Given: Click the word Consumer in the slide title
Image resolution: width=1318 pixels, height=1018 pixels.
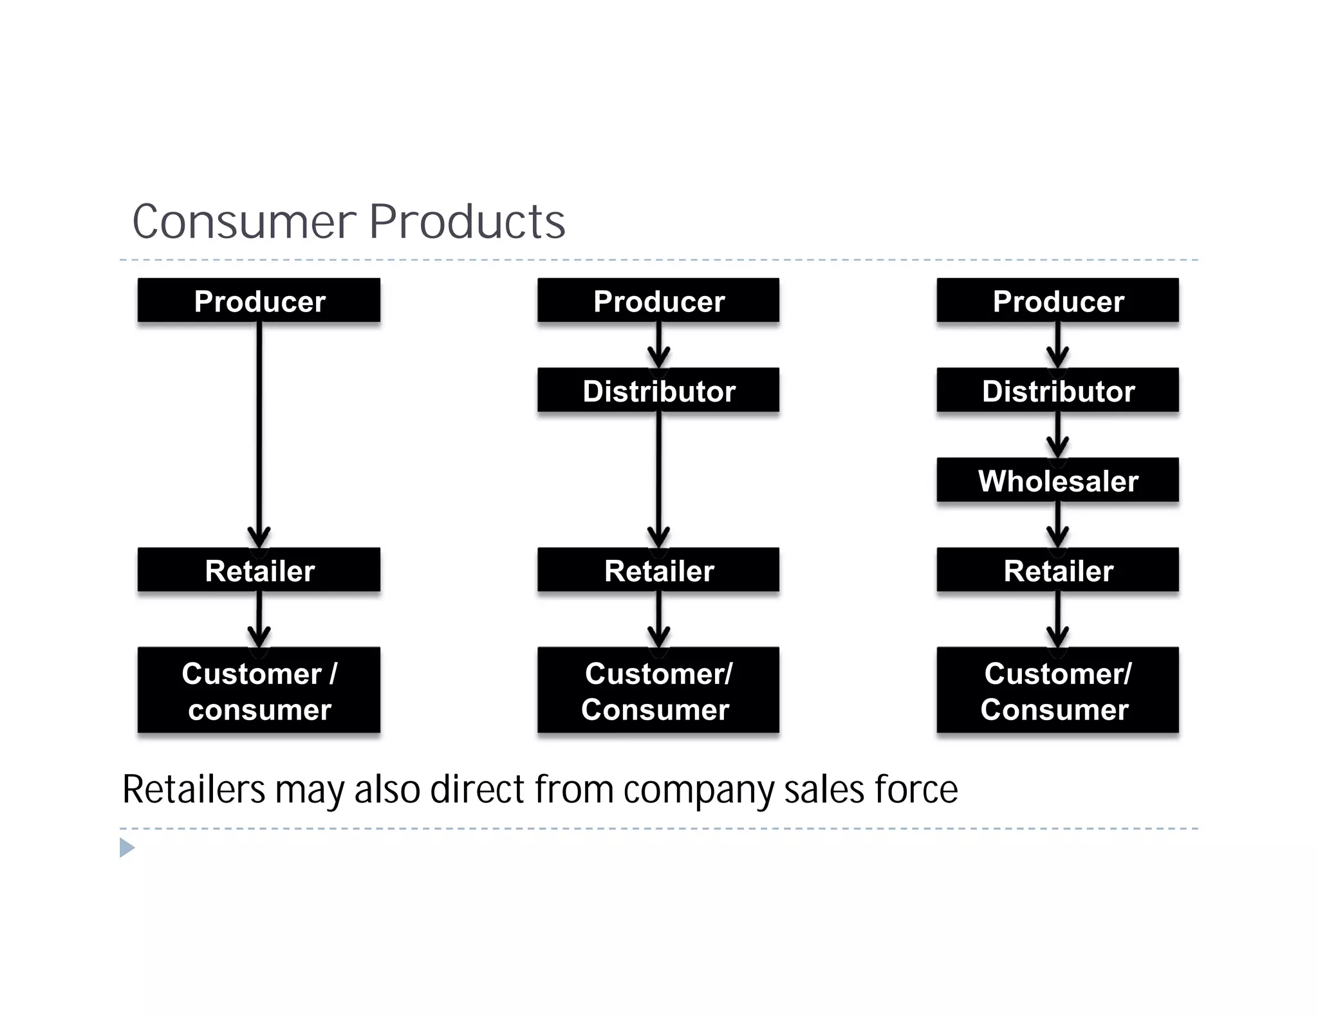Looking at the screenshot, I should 244,222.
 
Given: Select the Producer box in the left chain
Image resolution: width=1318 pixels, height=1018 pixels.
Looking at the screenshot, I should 259,301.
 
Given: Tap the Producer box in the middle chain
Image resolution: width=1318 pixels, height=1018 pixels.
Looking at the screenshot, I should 658,301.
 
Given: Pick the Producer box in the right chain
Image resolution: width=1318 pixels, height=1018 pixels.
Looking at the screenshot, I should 1057,301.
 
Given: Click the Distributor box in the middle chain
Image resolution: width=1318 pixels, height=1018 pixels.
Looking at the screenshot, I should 658,390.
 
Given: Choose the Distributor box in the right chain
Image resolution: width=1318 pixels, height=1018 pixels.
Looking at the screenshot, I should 1057,390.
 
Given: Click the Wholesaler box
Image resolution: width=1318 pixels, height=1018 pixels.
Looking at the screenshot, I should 1057,480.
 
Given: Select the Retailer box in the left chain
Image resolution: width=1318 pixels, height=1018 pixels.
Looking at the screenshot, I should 259,569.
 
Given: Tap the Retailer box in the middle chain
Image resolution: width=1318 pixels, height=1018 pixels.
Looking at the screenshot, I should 658,569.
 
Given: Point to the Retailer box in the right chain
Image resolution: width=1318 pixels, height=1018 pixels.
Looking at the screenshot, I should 1057,569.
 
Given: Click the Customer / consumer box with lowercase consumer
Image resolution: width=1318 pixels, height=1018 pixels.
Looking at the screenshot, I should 259,690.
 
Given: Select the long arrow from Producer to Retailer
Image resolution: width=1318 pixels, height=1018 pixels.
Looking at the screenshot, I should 259,431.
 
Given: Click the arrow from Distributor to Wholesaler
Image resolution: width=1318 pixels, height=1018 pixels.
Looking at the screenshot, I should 1057,434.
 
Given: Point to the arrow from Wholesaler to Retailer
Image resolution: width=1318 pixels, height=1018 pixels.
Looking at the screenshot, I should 1057,524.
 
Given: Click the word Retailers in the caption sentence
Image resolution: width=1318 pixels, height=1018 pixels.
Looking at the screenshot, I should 193,790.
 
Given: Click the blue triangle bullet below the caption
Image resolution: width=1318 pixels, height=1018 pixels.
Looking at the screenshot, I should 127,847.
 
